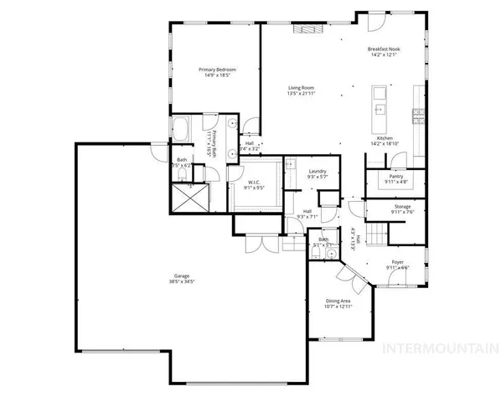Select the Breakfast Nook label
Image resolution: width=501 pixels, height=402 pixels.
coord(384,50)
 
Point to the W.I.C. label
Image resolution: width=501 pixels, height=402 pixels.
coord(254,183)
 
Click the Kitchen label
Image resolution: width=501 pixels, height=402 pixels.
coord(385,138)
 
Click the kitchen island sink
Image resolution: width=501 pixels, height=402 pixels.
coord(379,108)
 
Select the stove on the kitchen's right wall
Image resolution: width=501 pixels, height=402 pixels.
coord(416,112)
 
